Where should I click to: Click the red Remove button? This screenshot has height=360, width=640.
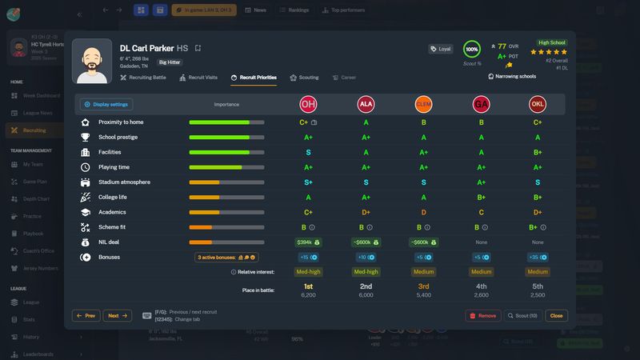point(482,316)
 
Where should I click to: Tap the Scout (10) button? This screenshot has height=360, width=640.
point(523,316)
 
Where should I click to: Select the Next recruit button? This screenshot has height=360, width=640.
point(117,316)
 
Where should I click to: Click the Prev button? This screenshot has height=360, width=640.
point(86,316)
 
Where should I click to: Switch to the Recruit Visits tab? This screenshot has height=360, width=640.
point(198,78)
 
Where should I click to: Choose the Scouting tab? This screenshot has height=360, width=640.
point(304,78)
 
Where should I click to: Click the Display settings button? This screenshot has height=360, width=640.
point(106,104)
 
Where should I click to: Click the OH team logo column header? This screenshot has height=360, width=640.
point(308,104)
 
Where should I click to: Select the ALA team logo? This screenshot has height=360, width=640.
point(366,104)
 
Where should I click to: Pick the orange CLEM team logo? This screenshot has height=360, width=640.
point(423,104)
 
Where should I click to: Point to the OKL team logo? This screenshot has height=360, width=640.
point(538,104)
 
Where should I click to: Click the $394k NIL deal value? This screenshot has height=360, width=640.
point(308,242)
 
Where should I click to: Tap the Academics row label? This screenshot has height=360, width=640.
point(113,212)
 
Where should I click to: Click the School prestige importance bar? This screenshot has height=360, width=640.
point(226,138)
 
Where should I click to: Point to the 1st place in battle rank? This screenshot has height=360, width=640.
point(308,286)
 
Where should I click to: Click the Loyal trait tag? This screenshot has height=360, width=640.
point(441,49)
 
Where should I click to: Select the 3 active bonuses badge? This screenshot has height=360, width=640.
point(226,257)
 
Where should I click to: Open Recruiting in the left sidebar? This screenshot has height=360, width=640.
point(34,130)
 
